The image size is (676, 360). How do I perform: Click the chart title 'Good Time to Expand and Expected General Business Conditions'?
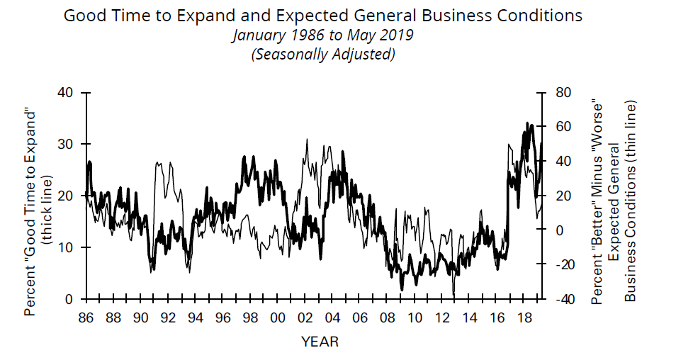point(322,15)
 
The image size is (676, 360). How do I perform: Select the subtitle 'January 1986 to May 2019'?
point(322,35)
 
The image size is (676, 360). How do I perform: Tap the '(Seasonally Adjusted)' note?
point(322,54)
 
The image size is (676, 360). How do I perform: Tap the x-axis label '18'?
point(524,317)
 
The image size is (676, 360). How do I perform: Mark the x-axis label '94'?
point(195,317)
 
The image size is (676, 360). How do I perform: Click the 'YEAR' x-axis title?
point(320,342)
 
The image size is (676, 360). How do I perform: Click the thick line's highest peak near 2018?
point(528,123)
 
